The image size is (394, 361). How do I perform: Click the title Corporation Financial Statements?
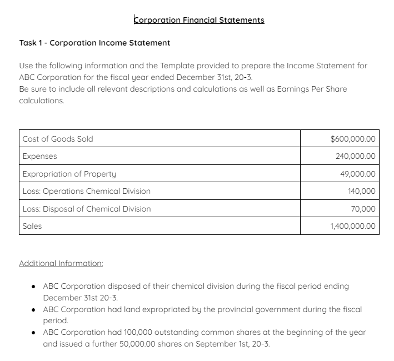click(199, 20)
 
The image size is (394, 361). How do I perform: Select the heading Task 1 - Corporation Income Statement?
click(94, 43)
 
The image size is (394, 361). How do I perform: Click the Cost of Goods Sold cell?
click(58, 139)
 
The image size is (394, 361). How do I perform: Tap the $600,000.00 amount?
click(353, 139)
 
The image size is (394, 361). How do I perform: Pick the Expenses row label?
click(39, 156)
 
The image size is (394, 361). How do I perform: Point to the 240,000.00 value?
click(356, 156)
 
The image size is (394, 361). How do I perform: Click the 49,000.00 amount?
click(357, 174)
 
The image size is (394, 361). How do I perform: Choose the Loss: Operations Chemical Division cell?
click(86, 191)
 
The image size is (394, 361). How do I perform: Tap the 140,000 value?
click(362, 191)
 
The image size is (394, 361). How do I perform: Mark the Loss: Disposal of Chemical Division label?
click(86, 209)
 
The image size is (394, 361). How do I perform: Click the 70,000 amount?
click(363, 209)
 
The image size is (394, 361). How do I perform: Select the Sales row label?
click(32, 226)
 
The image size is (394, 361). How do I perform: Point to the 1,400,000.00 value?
click(353, 226)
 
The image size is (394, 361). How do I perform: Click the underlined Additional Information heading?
click(61, 263)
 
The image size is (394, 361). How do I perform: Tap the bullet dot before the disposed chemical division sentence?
click(34, 287)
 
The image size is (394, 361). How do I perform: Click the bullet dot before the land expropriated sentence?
click(34, 309)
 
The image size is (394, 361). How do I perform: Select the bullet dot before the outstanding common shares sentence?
click(34, 333)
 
